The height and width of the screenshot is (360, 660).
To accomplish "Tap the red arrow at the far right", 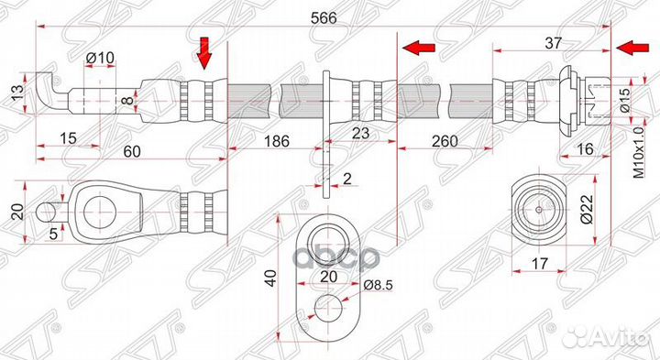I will [629, 48].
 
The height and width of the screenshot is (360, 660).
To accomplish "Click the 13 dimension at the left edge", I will [16, 92].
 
